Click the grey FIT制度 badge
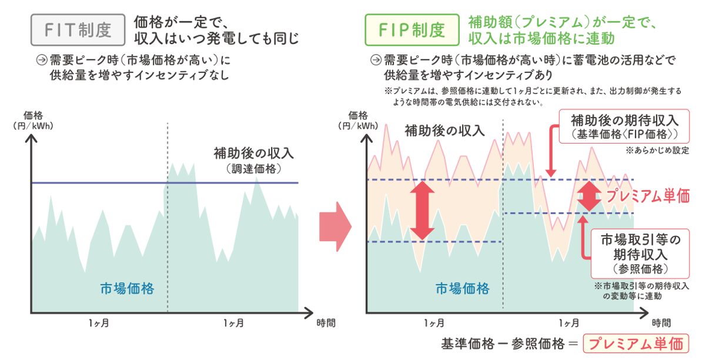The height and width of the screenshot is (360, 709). click(x=78, y=29)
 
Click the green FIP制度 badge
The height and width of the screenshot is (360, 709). click(x=412, y=29)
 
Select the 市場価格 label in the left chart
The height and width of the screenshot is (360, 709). click(x=127, y=289)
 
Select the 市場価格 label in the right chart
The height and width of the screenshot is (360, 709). click(x=462, y=289)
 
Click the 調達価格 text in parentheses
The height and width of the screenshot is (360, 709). click(x=254, y=169)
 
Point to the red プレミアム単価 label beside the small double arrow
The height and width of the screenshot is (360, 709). click(x=647, y=196)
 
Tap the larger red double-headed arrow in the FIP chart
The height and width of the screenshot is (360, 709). click(x=422, y=210)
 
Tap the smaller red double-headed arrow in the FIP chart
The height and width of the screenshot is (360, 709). click(x=588, y=196)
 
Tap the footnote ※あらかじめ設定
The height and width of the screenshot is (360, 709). click(x=658, y=150)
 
